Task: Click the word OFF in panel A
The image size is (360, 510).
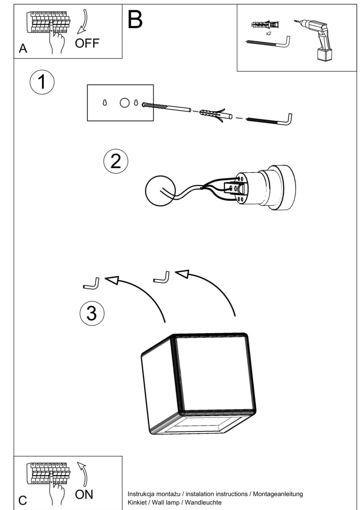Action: click(87, 43)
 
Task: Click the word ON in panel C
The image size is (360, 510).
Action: click(84, 494)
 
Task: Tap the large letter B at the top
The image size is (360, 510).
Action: click(135, 20)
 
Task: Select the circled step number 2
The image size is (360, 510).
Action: click(116, 161)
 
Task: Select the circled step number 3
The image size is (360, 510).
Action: click(92, 313)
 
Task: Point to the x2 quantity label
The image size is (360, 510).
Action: click(268, 34)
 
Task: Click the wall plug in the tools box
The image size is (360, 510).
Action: click(265, 25)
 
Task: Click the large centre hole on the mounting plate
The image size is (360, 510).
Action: click(125, 103)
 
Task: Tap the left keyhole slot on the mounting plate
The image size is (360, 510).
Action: click(104, 103)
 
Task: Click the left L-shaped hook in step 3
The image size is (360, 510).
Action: click(92, 284)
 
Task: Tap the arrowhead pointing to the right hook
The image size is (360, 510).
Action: click(182, 274)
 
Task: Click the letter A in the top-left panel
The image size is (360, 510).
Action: click(23, 49)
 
